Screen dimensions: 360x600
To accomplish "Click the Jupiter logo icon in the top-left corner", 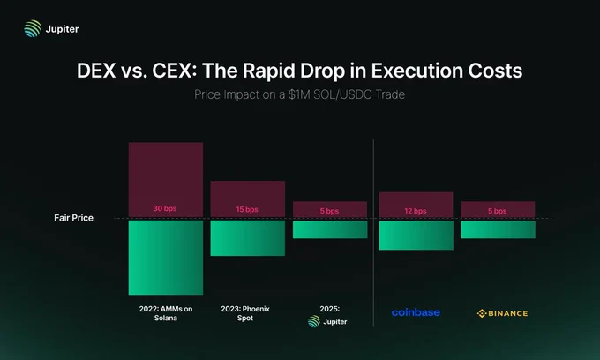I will (x=32, y=28).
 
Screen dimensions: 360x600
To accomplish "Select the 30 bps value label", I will (x=166, y=210).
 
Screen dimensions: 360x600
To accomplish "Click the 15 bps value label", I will (x=247, y=210).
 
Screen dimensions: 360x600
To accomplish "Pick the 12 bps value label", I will (x=415, y=211).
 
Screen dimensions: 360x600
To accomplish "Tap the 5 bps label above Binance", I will (x=498, y=211).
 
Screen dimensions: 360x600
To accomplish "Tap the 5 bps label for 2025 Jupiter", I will (x=329, y=211).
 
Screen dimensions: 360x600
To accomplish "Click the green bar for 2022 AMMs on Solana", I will (x=166, y=257).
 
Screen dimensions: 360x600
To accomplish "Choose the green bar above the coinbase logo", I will (x=415, y=235).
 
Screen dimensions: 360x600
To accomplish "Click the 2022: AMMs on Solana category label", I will (x=166, y=313).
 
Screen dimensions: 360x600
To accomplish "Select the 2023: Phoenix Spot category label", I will (x=247, y=313).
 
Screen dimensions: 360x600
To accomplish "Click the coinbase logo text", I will (x=416, y=312).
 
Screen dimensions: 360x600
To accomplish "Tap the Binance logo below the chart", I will (x=502, y=313).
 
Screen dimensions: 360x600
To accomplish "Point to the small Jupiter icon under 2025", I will (x=314, y=322).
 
